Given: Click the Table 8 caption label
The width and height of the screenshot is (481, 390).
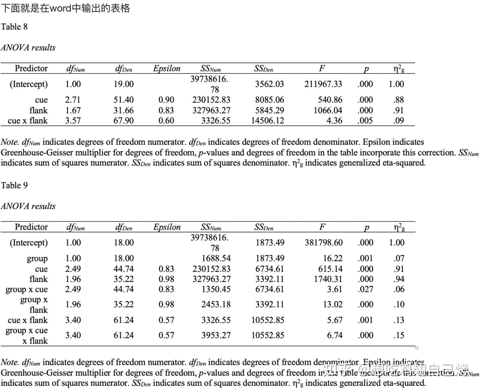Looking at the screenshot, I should [x=14, y=27].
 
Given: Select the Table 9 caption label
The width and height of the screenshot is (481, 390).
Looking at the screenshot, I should [x=14, y=186].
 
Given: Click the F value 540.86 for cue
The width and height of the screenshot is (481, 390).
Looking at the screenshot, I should [x=330, y=100].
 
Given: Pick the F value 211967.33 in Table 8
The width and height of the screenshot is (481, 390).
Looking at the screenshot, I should [x=323, y=84].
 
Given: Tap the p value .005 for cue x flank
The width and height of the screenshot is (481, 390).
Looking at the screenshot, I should [x=365, y=121].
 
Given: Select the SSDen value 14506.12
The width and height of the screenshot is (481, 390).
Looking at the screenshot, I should [x=268, y=121].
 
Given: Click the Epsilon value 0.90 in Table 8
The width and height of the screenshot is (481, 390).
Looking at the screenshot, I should [x=166, y=100].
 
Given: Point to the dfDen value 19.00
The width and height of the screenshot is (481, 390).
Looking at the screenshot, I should [x=124, y=84].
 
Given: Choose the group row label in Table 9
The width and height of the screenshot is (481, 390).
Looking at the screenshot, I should [x=37, y=259].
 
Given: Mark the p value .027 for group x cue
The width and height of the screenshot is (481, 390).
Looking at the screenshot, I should [x=365, y=289].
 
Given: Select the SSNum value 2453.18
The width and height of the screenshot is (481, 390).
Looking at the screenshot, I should [x=216, y=304].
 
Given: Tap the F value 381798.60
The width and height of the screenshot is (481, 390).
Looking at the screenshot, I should [x=323, y=243].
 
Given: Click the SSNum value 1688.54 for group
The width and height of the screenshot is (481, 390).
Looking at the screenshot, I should [x=216, y=259].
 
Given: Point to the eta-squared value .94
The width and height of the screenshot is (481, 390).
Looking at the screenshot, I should [x=399, y=279].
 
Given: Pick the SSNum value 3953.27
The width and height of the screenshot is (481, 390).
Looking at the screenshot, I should [x=216, y=335].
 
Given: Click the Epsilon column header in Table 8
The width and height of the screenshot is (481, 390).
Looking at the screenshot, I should [x=167, y=68].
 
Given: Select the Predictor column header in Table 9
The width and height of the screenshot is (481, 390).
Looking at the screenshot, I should [x=31, y=227].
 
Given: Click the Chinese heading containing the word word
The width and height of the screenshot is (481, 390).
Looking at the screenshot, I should [x=65, y=8].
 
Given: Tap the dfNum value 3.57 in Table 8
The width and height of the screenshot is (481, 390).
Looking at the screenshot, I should [x=73, y=121].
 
